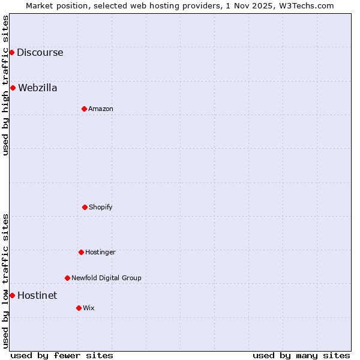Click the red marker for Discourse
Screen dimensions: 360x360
tap(11, 52)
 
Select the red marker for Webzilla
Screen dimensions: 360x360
tap(13, 88)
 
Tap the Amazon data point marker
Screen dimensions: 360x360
tap(84, 109)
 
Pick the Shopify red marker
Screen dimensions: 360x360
tap(85, 207)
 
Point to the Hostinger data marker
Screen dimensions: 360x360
tap(81, 252)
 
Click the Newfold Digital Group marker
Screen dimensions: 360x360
tap(67, 278)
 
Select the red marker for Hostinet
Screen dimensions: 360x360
tap(12, 295)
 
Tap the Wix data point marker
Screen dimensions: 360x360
tap(79, 308)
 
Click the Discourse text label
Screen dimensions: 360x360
tap(40, 52)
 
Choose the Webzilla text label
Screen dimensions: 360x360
tap(38, 88)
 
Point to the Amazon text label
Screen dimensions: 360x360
tap(101, 109)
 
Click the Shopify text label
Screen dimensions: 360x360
tap(101, 207)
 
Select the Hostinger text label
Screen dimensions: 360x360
tap(100, 252)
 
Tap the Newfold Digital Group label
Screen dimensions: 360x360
tap(106, 278)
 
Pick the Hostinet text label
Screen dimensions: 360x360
tap(37, 295)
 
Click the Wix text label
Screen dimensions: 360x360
tap(89, 308)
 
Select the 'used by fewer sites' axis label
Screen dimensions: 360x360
tap(62, 355)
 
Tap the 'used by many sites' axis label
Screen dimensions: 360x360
tap(301, 355)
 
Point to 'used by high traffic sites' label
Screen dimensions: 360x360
tap(5, 85)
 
